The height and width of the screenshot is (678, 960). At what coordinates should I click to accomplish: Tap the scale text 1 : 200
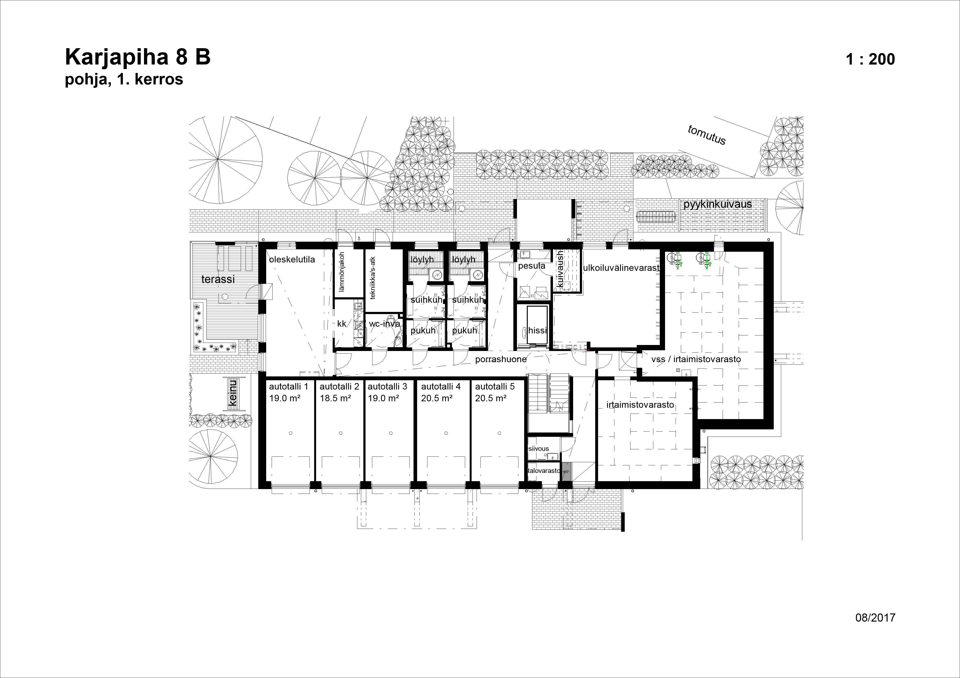coord(870,59)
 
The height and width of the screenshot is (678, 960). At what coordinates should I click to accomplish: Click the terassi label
coord(218,279)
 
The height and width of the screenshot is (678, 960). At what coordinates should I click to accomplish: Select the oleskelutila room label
coord(292,259)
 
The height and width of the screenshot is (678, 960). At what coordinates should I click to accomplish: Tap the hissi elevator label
coord(537,330)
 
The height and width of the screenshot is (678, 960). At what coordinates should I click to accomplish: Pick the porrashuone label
coord(500,359)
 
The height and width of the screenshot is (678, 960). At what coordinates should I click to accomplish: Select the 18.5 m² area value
coord(335,398)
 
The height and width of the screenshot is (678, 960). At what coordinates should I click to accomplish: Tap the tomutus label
coord(707,135)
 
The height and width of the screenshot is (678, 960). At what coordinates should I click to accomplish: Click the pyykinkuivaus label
coord(718,204)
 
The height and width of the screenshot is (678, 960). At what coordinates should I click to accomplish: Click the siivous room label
coord(539,449)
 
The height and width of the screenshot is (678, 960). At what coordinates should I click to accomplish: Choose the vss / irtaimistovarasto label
coord(696,359)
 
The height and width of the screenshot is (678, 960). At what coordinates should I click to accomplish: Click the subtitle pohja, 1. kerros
coord(124,79)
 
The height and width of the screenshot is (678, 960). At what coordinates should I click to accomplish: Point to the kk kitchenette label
coord(342,324)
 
